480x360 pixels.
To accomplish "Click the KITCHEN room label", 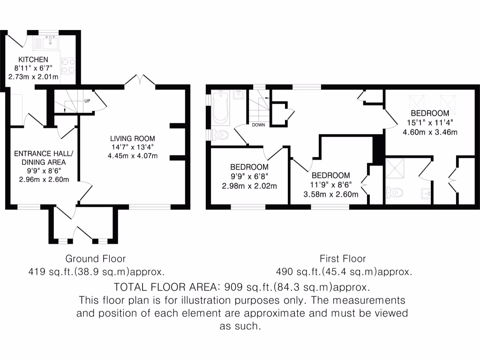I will pos(33,60).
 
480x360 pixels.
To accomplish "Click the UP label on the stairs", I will pos(87,101).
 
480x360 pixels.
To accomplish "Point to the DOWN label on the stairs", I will pos(258,125).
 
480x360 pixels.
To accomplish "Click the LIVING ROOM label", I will pos(132,139).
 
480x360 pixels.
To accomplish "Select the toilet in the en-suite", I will pos(395,192).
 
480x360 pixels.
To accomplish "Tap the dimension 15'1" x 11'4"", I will pos(430,123).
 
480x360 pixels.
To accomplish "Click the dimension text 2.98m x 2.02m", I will pos(249,185).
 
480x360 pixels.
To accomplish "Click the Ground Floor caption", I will pos(95,258).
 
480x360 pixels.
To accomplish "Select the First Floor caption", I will pos(343,258).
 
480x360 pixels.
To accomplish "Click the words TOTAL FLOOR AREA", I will pos(167,286).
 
